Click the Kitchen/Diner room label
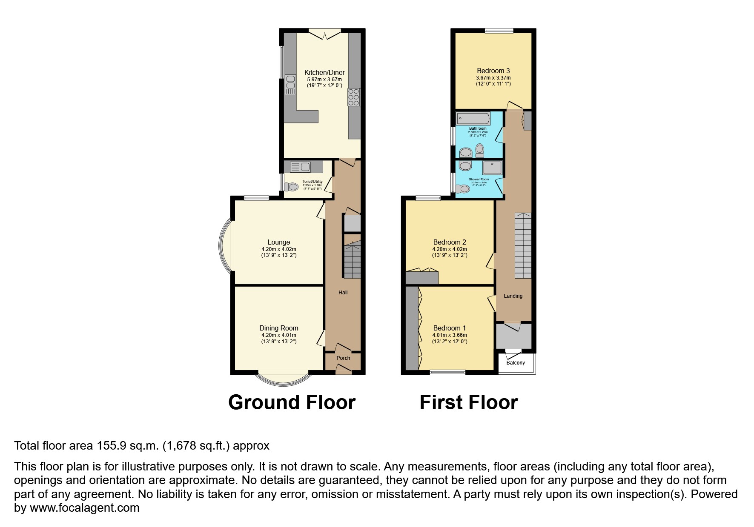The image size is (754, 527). coord(324,72)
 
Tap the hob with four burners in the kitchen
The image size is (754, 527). coord(354,97)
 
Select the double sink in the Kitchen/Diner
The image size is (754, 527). coord(290,84)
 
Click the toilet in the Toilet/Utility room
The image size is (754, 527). coord(292,187)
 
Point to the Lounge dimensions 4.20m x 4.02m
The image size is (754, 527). coord(278,249)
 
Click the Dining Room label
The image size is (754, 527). coord(278,328)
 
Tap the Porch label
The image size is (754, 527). coord(343,358)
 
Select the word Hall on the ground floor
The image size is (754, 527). coord(343,293)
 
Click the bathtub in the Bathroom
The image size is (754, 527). coord(473,118)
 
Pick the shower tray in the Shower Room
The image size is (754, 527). coord(492,168)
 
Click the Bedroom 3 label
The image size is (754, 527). coord(493,71)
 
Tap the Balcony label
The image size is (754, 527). coord(516,363)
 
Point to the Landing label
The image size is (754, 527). coord(513,296)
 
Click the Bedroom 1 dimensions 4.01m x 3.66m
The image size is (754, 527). coord(449,335)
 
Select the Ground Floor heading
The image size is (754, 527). coord(292,402)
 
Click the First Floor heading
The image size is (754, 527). coord(468,402)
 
